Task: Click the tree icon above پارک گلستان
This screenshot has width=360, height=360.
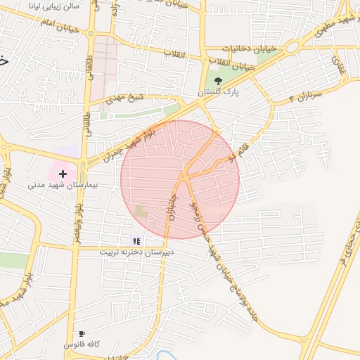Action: [x=218, y=81]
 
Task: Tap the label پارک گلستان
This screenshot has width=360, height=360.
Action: [x=218, y=93]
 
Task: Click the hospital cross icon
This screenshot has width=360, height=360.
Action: [x=63, y=173]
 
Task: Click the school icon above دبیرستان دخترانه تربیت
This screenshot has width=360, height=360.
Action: [x=136, y=241]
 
